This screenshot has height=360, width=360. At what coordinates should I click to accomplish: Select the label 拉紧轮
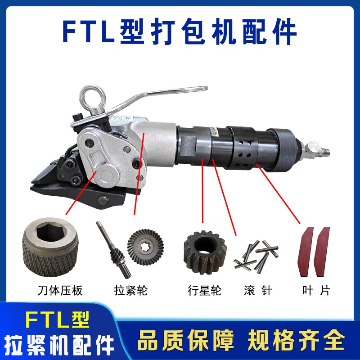(x=131, y=291)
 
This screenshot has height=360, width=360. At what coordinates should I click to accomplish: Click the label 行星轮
(x=204, y=291)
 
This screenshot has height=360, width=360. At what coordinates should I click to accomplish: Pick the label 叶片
(x=315, y=291)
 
